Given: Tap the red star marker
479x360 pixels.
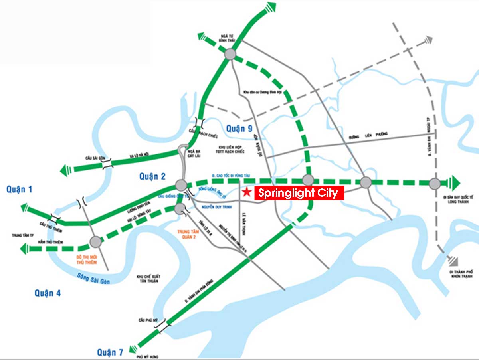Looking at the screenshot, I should pyautogui.click(x=247, y=192).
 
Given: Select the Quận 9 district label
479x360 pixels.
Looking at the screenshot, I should pyautogui.click(x=239, y=129).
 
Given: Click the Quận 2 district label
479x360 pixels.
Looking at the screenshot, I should pyautogui.click(x=152, y=176).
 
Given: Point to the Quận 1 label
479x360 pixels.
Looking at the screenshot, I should pyautogui.click(x=19, y=190).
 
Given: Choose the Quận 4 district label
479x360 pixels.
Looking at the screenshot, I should pyautogui.click(x=48, y=293).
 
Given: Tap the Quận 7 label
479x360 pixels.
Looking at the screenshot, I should pyautogui.click(x=110, y=352).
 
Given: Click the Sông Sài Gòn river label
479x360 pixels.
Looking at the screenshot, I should pyautogui.click(x=95, y=277).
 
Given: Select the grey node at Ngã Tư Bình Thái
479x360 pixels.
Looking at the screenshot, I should pyautogui.click(x=230, y=54).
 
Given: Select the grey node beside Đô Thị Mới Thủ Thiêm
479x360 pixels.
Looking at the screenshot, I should pyautogui.click(x=95, y=241).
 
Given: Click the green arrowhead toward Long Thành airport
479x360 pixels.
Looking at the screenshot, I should pyautogui.click(x=454, y=183).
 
